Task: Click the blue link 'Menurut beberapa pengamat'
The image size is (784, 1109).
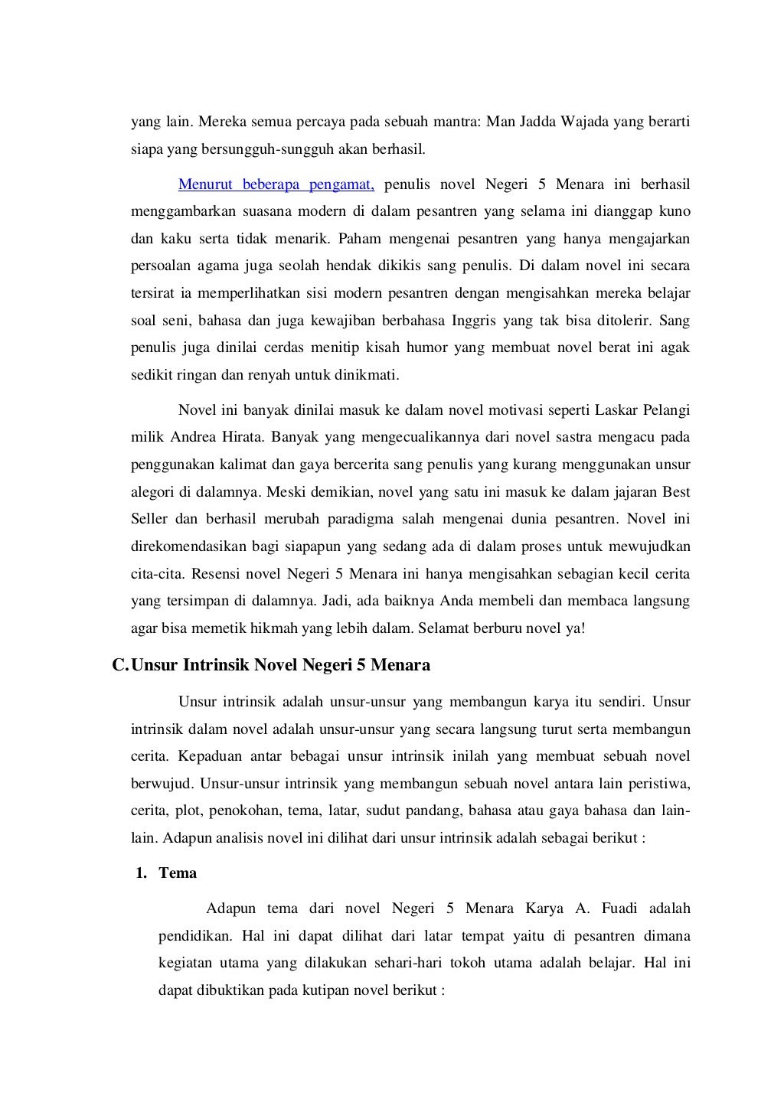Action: click(276, 184)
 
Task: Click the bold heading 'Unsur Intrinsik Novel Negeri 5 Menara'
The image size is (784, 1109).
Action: click(281, 664)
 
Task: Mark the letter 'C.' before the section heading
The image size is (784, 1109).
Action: click(120, 664)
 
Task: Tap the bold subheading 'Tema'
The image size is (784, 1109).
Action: click(178, 873)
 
